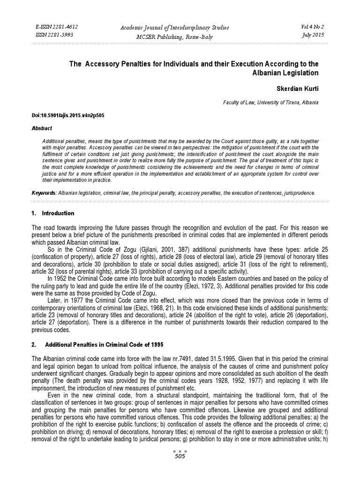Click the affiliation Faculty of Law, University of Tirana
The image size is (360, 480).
[265, 102]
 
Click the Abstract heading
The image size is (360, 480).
[42, 128]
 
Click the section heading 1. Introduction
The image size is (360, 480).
[52, 213]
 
